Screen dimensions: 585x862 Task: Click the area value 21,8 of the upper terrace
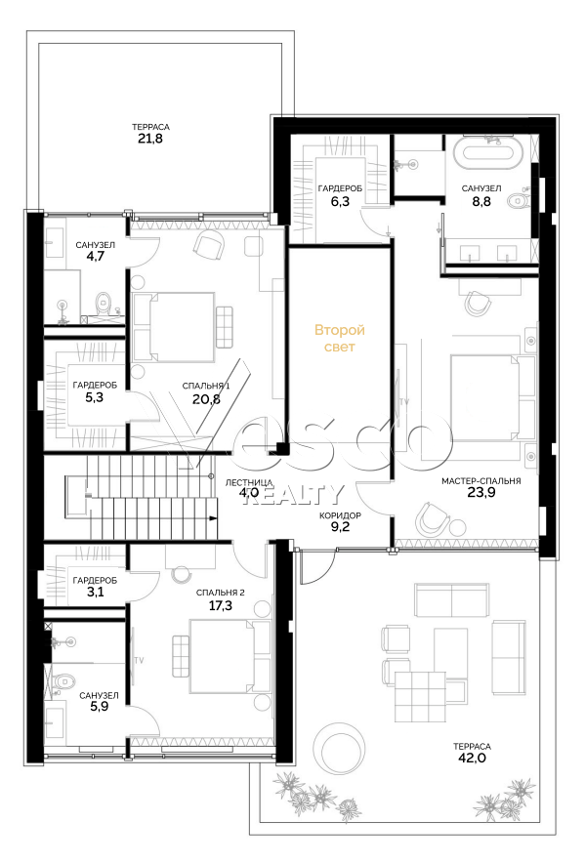click(x=150, y=139)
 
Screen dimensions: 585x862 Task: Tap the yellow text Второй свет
click(x=339, y=338)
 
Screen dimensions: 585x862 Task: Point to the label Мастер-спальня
click(x=481, y=481)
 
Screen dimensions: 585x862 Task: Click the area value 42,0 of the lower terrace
click(x=474, y=759)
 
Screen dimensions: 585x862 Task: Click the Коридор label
click(x=340, y=515)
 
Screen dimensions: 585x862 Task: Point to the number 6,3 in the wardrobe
click(x=340, y=201)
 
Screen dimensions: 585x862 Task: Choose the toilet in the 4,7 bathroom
click(x=103, y=302)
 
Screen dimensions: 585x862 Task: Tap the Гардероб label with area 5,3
click(x=95, y=386)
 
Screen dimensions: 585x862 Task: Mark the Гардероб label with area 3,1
click(x=95, y=580)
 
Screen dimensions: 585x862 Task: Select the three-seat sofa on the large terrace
click(x=451, y=600)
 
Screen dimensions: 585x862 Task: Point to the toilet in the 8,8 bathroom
click(x=517, y=201)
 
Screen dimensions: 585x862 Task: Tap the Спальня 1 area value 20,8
click(x=206, y=399)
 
